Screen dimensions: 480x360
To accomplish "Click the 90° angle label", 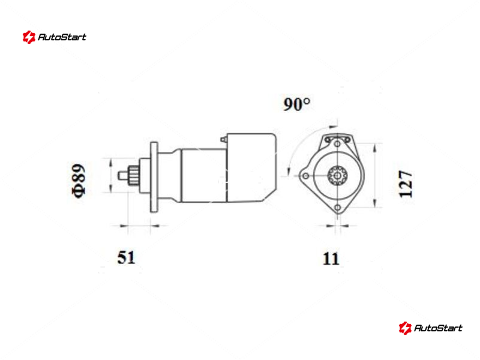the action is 296,104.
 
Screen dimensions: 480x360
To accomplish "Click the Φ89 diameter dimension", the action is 78,181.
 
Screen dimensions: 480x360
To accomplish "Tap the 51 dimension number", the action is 126,257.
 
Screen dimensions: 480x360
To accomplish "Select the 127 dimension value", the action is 406,184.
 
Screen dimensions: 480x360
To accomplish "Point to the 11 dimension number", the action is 331,259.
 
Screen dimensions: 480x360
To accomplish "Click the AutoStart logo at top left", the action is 54,37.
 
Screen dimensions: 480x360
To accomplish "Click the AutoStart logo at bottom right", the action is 430,328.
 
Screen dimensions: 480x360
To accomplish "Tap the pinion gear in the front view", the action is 337,176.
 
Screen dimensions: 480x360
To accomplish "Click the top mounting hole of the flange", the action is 337,143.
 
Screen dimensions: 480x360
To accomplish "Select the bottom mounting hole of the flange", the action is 337,208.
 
